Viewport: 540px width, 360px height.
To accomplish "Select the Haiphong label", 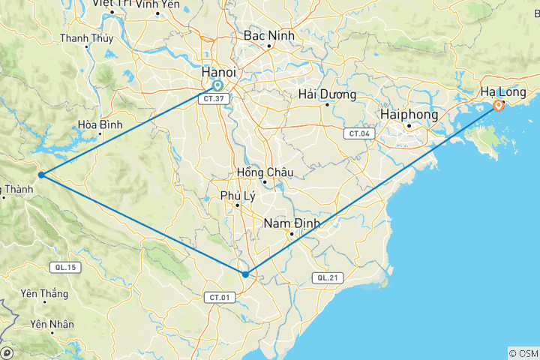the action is coord(409,114).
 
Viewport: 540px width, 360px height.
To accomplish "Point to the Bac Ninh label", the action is coord(268,36).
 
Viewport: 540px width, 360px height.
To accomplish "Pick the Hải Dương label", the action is coord(327,94).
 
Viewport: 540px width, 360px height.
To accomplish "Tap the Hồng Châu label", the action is coord(265,172).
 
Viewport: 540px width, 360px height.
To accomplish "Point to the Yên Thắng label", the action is coord(45,293).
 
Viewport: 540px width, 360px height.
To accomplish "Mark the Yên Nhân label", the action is coord(51,325).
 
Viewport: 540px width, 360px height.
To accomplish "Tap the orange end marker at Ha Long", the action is coord(498,106).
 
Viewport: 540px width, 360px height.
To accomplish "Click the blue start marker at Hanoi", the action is coord(217,85).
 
